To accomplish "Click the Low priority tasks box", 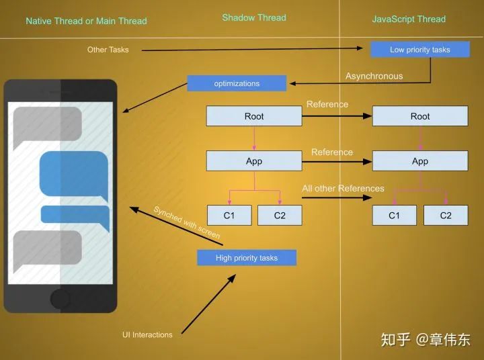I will click(x=420, y=50).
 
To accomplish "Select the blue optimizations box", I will click(x=237, y=83).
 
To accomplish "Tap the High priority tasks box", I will click(x=247, y=258).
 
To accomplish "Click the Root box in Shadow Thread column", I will click(x=254, y=116).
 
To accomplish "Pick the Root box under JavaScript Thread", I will click(x=420, y=116).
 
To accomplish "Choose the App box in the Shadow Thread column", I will click(x=254, y=161).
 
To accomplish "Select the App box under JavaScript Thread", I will click(x=420, y=161).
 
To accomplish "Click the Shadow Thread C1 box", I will click(x=229, y=216).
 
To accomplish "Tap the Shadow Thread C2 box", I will click(x=280, y=216).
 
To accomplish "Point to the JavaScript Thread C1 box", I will click(x=395, y=216).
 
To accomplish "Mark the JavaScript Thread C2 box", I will click(x=446, y=216).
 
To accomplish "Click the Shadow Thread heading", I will click(x=254, y=17).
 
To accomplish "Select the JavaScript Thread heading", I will click(x=409, y=19).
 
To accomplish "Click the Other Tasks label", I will click(x=108, y=50).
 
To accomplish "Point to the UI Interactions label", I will click(x=147, y=334).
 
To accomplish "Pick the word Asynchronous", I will click(x=374, y=77).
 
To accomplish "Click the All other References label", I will click(x=343, y=189).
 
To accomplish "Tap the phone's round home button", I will click(x=61, y=298).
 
